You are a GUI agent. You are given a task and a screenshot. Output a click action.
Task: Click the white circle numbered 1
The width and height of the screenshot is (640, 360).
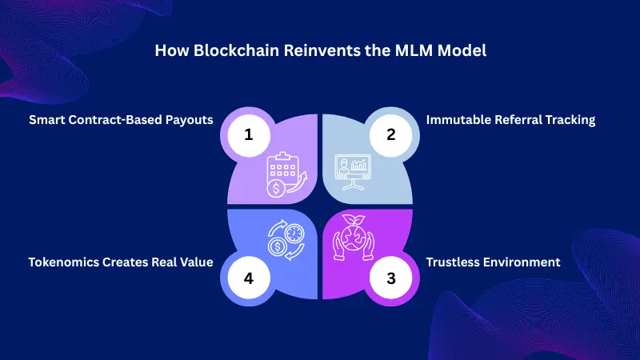249,134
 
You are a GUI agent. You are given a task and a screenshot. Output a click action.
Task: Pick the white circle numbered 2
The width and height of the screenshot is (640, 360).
391,134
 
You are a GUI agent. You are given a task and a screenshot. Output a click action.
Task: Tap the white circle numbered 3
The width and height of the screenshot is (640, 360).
391,279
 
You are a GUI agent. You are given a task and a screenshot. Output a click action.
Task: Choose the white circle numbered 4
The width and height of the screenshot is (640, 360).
249,279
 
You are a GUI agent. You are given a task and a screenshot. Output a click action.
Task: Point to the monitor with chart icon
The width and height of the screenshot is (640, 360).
354,171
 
